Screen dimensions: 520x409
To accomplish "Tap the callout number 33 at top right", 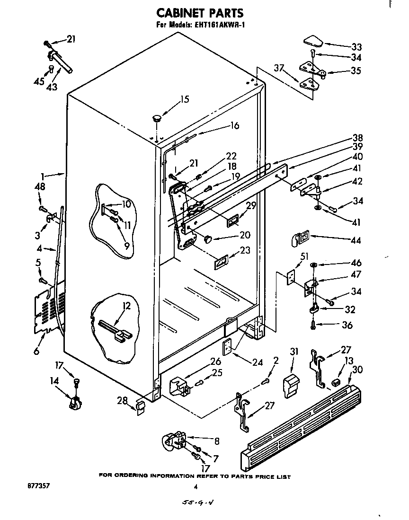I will point(356,47).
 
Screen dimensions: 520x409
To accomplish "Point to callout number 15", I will point(184,99).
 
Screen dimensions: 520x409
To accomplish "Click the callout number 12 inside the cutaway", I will point(126,306).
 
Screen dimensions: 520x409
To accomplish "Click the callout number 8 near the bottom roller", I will point(216,441).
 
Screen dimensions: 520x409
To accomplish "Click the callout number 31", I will point(294,352).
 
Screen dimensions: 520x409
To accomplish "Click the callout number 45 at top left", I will point(38,81).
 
